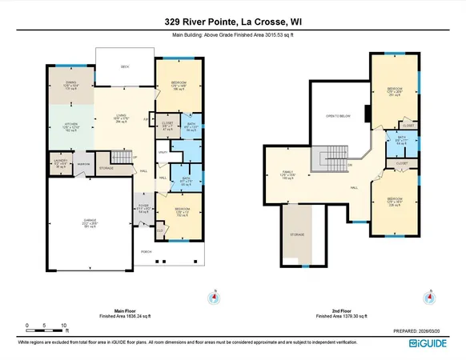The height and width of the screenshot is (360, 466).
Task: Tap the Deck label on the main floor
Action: coord(125,67)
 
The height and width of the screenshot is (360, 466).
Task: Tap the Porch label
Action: coord(147,251)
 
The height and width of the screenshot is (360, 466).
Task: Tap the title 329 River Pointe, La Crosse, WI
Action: coord(232,20)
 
